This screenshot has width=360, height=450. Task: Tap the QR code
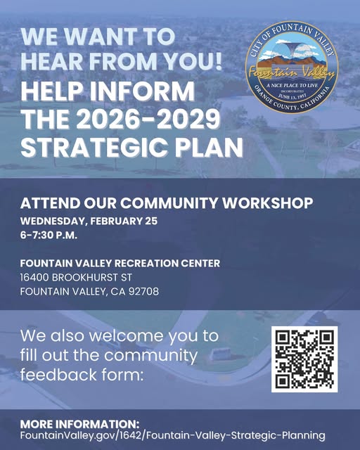click(304, 359)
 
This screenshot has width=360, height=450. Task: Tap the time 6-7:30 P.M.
click(48, 235)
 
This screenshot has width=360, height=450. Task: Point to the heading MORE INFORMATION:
click(79, 424)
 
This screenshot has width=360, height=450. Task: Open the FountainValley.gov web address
click(172, 435)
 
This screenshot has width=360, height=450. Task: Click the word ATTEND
click(46, 204)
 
